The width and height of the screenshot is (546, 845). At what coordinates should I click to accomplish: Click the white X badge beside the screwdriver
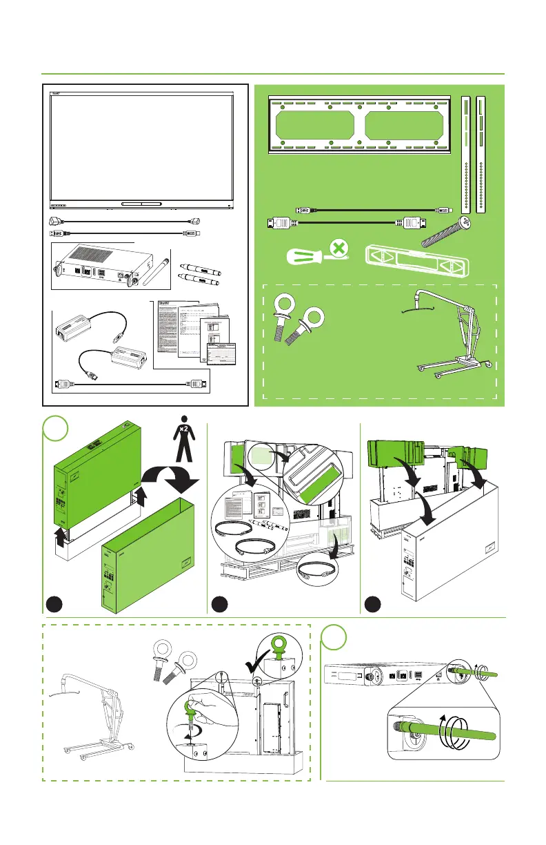(x=337, y=246)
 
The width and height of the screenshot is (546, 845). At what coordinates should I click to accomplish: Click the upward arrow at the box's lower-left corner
(x=61, y=538)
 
